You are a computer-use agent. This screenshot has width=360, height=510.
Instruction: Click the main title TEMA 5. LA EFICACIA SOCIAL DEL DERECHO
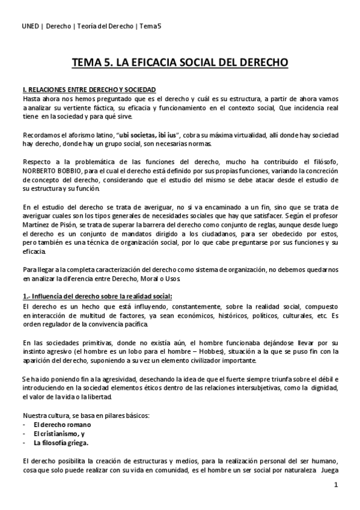[180, 62]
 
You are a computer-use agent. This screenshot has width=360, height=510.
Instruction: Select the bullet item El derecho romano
[59, 424]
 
